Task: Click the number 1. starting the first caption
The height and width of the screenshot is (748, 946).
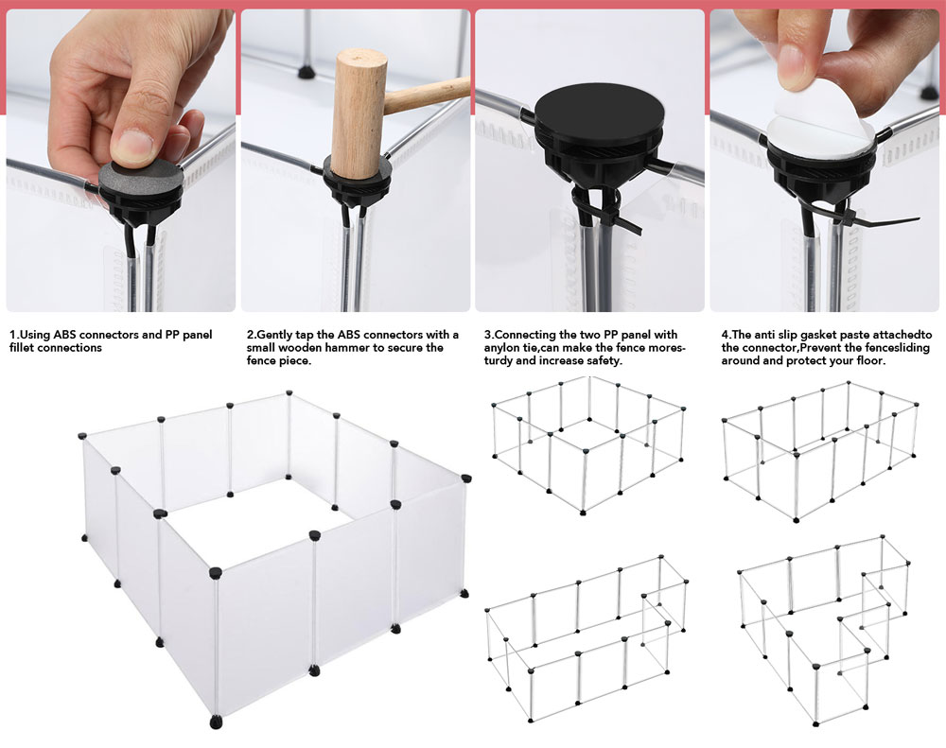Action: pyautogui.click(x=14, y=335)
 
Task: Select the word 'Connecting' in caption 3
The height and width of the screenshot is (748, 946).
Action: pyautogui.click(x=523, y=335)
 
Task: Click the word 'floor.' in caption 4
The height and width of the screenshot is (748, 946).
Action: pyautogui.click(x=870, y=360)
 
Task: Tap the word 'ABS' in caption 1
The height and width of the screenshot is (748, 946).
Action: pyautogui.click(x=64, y=335)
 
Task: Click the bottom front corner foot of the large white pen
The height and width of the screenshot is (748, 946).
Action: pyautogui.click(x=216, y=722)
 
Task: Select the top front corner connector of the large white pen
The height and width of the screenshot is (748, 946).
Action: pyautogui.click(x=216, y=572)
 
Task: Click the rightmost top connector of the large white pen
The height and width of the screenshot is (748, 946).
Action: pyautogui.click(x=465, y=478)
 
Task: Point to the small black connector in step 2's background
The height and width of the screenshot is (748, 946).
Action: pyautogui.click(x=307, y=73)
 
